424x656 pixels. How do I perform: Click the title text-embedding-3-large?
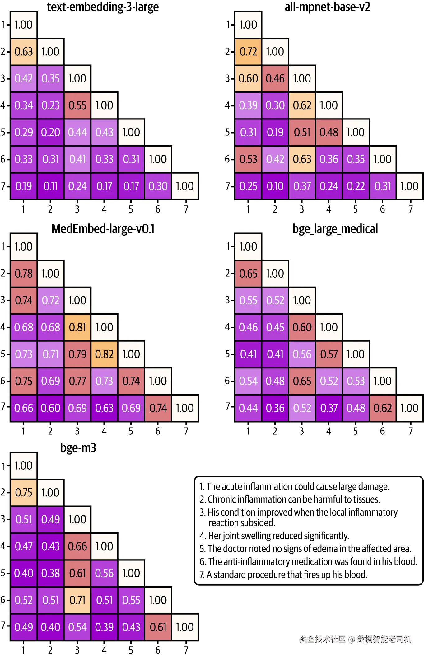click(x=103, y=7)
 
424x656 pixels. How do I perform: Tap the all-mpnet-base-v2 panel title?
click(x=328, y=7)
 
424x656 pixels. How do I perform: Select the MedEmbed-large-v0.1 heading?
click(x=103, y=229)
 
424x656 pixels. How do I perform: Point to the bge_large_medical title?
click(x=335, y=229)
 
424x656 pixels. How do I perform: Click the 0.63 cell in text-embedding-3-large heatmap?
click(x=24, y=52)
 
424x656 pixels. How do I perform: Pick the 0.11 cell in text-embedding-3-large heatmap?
click(x=51, y=186)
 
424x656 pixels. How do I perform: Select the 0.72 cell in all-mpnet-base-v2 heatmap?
click(x=248, y=52)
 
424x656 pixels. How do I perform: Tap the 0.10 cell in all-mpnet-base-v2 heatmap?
click(x=275, y=186)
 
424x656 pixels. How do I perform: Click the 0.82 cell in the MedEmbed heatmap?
click(x=105, y=354)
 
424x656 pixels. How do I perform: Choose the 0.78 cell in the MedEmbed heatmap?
click(x=24, y=274)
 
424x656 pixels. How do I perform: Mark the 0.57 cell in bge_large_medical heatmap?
click(x=329, y=354)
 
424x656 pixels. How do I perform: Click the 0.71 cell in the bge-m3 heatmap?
click(x=77, y=600)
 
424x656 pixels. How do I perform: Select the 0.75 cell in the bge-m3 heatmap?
click(x=24, y=492)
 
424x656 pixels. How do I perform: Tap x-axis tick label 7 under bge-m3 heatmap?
click(x=186, y=650)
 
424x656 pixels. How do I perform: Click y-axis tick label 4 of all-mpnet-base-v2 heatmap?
click(x=228, y=105)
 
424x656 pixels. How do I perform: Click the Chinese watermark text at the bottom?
click(x=355, y=639)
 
